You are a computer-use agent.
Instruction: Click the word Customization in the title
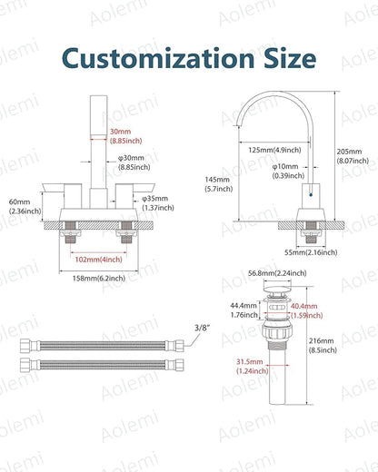[158, 58]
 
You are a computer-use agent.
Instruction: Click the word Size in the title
[290, 58]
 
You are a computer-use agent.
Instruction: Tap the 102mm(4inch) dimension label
[99, 260]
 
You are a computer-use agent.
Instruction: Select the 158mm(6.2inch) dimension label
[99, 278]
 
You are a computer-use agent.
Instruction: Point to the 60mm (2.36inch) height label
[25, 206]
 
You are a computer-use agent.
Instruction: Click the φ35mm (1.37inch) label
[158, 203]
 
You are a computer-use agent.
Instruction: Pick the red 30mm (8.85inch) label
[125, 136]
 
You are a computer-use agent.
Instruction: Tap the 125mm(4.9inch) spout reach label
[274, 150]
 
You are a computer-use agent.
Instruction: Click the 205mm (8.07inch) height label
[353, 156]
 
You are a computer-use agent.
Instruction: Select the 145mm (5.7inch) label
[219, 184]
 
